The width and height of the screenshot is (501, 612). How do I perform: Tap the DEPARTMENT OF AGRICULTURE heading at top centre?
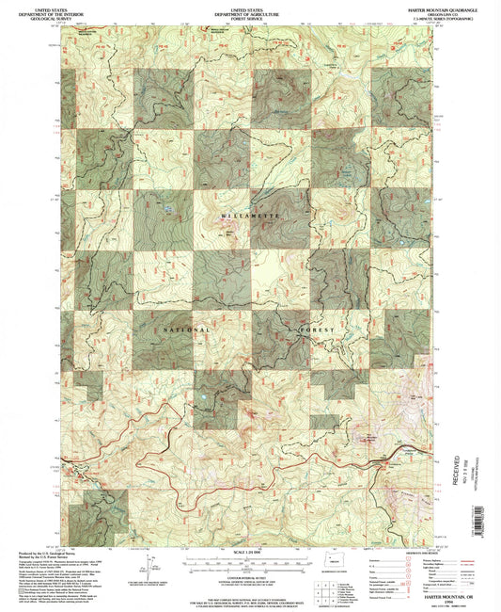248,11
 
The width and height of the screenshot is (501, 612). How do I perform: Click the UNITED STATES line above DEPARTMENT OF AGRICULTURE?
248,7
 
